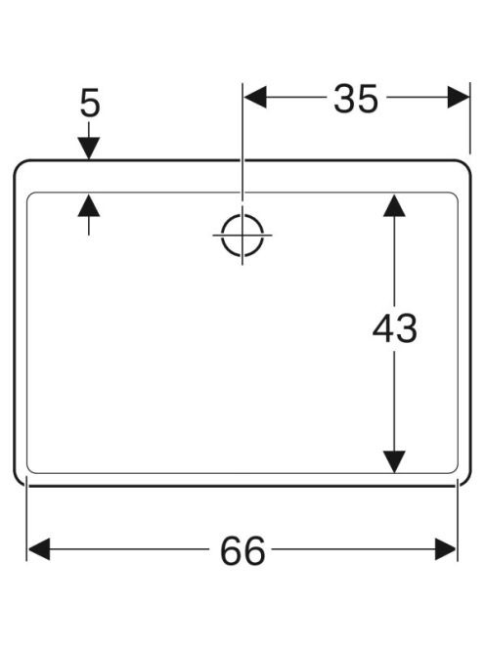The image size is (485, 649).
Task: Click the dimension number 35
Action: point(356,99)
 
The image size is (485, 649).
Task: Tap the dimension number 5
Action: point(90,103)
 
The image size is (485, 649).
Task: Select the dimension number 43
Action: point(394,328)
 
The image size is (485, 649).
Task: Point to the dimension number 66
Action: point(242,551)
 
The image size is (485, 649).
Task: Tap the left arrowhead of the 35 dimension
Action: point(255,98)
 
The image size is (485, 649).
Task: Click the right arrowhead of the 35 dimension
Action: point(459,98)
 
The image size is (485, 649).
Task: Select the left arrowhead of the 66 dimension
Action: point(39,549)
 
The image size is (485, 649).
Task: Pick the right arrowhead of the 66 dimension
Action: point(446,549)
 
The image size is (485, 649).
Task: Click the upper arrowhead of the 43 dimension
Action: point(394,205)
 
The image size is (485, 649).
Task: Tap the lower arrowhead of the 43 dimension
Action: point(394,461)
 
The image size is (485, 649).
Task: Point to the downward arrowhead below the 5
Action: point(89,149)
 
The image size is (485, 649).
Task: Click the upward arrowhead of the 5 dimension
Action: point(89,205)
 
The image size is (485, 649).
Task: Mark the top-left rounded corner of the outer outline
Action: point(19,164)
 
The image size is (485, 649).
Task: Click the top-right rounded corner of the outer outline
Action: point(466,164)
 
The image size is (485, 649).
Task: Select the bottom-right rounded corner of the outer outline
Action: point(466,481)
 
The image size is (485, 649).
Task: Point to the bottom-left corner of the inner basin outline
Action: point(28,471)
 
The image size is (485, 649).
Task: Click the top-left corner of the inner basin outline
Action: point(28,195)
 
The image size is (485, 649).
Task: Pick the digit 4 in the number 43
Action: point(382,328)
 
